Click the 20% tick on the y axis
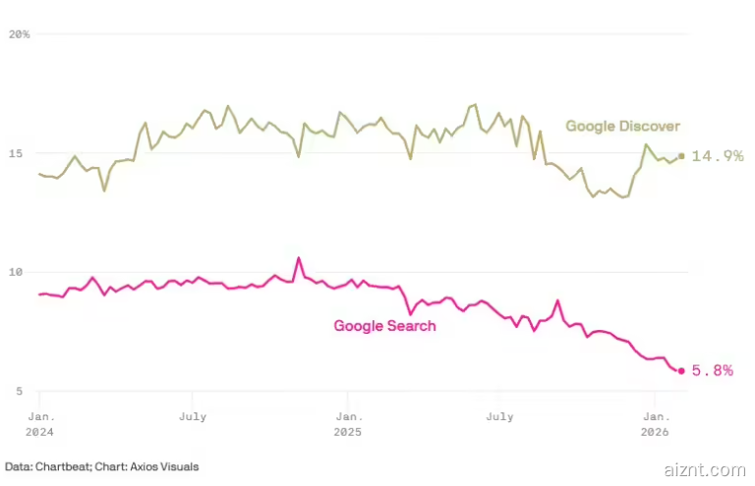click(19, 34)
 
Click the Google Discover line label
click(622, 126)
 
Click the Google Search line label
click(384, 326)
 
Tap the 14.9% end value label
click(717, 156)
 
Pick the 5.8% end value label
click(713, 371)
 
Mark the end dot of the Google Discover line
click(681, 156)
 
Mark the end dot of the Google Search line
click(681, 370)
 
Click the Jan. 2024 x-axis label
click(39, 424)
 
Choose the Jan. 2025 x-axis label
click(347, 424)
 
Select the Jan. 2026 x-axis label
click(655, 424)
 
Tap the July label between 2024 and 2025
click(193, 416)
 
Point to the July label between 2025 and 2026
click(499, 416)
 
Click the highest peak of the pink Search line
click(299, 258)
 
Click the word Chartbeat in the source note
click(59, 466)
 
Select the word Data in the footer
click(16, 466)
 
